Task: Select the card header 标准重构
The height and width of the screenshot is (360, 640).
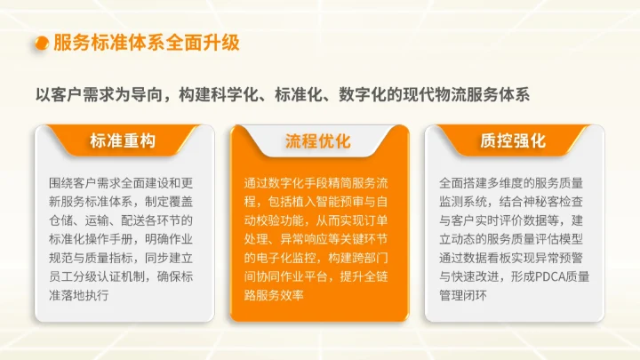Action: [x=123, y=141]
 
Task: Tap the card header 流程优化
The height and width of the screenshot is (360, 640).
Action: [x=318, y=141]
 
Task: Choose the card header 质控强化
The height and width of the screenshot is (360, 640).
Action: [x=513, y=141]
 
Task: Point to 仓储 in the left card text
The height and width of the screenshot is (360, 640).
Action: [x=64, y=220]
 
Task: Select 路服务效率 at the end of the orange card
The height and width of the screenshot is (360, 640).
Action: [x=274, y=295]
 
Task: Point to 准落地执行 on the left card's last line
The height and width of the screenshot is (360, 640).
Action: [x=78, y=295]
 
